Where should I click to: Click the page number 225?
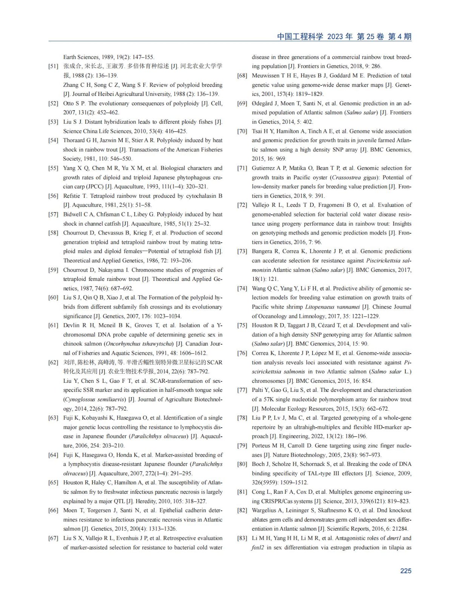[405, 571]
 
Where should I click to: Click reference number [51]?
[53, 66]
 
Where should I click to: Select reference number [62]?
[53, 362]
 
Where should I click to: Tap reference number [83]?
[242, 538]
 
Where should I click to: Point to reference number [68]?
[242, 76]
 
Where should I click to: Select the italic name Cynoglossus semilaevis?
[94, 399]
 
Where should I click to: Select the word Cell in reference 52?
[216, 103]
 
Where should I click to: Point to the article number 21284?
[399, 529]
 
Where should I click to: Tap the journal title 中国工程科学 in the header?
[300, 37]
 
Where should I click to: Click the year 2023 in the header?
[335, 37]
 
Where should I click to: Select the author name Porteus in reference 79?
[261, 446]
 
